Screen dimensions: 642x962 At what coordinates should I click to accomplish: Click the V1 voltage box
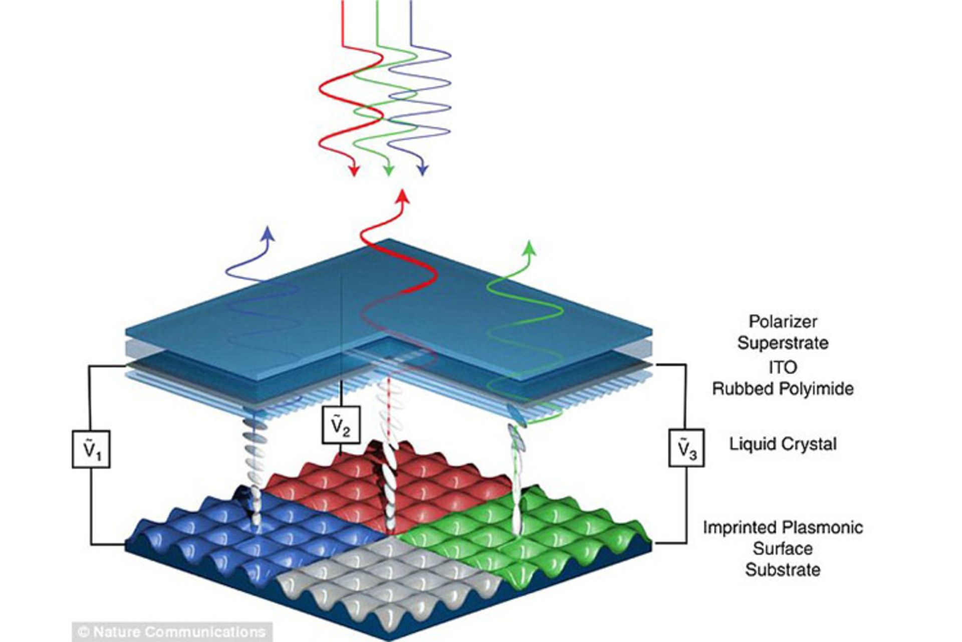[x=91, y=449]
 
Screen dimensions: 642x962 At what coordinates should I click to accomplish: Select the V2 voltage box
[x=341, y=425]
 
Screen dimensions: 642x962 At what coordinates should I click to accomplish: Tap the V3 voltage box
[x=686, y=448]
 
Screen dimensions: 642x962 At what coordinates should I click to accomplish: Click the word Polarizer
[x=783, y=322]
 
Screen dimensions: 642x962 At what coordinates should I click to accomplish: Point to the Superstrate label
[x=783, y=344]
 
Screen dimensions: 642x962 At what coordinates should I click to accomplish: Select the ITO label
[x=783, y=367]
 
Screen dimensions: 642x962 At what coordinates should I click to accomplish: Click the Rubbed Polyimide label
[x=783, y=389]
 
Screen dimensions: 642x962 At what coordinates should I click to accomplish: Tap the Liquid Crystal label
[x=783, y=444]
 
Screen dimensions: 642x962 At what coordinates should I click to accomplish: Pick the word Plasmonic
[x=822, y=527]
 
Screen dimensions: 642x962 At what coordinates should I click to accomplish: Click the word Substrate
[x=783, y=570]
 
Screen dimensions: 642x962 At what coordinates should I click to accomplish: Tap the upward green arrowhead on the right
[x=529, y=247]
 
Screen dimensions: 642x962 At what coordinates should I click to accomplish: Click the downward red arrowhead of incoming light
[x=354, y=170]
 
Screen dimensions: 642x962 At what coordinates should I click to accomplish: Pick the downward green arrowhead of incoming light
[x=388, y=170]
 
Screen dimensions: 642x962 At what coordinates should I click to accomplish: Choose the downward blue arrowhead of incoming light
[x=423, y=170]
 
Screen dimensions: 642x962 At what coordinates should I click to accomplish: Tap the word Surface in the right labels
[x=783, y=549]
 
